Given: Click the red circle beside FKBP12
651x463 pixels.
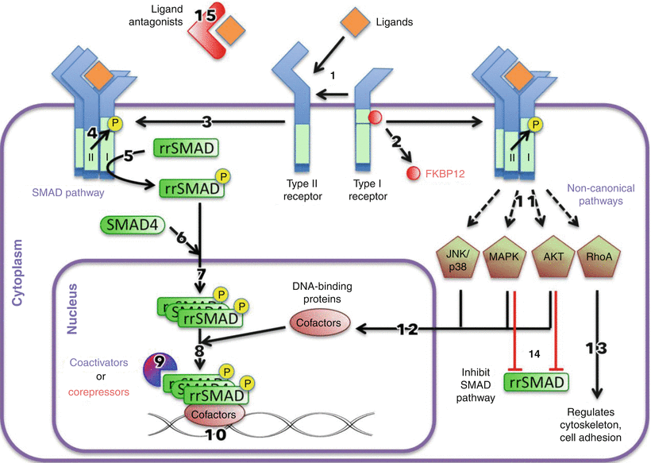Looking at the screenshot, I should coord(411,172).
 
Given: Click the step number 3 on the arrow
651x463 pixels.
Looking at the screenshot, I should coord(209,122).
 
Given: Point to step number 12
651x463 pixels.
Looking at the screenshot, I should coord(407,326).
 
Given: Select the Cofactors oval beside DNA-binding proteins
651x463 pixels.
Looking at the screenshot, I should coord(318,323).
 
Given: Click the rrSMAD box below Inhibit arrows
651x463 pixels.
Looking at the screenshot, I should coord(538,384).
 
